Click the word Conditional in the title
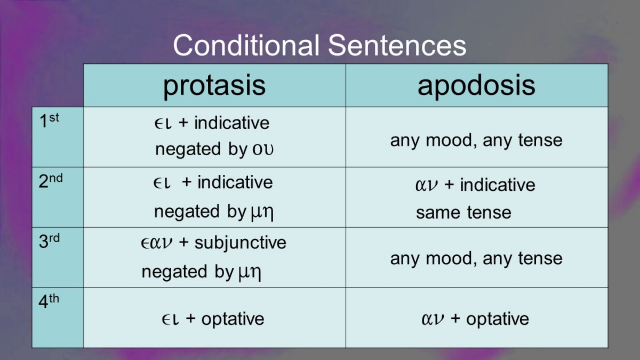[x=246, y=45]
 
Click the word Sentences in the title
[x=397, y=45]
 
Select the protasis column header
[x=214, y=86]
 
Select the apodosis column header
[x=476, y=86]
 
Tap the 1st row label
[x=49, y=121]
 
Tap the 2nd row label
[x=51, y=181]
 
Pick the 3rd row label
[x=49, y=241]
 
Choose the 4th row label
[x=49, y=301]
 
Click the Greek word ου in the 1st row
[x=262, y=149]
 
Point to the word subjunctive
[x=241, y=243]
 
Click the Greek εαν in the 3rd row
[x=157, y=243]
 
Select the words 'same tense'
[x=463, y=213]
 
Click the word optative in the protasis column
[x=233, y=319]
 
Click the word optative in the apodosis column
[x=498, y=319]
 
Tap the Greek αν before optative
[x=433, y=319]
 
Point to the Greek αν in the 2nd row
[x=426, y=186]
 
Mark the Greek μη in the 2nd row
[x=262, y=213]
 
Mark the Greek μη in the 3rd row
[x=250, y=273]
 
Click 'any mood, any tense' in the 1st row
[x=476, y=141]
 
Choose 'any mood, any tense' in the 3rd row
[x=476, y=259]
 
